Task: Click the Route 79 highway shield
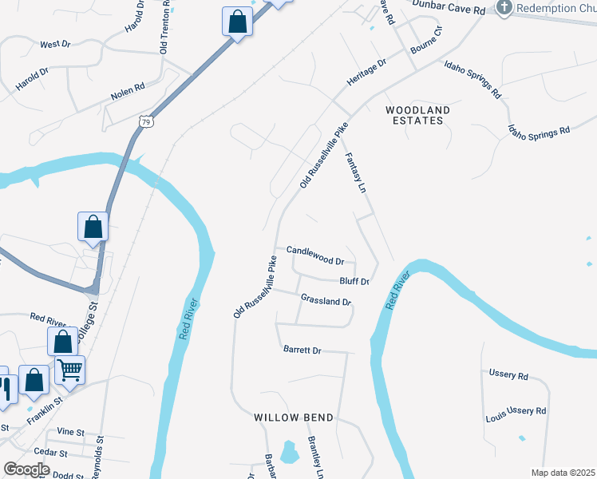[x=144, y=121]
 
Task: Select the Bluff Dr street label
[x=354, y=281]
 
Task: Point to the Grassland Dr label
[x=326, y=300]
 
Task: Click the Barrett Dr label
[x=302, y=350]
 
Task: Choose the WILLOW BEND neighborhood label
[x=293, y=418]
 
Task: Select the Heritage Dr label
[x=366, y=73]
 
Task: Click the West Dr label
[x=55, y=45]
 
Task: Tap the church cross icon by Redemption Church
[x=504, y=8]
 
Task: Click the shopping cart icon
[x=69, y=370]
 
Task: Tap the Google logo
[x=26, y=469]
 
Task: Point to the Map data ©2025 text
[x=563, y=473]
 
